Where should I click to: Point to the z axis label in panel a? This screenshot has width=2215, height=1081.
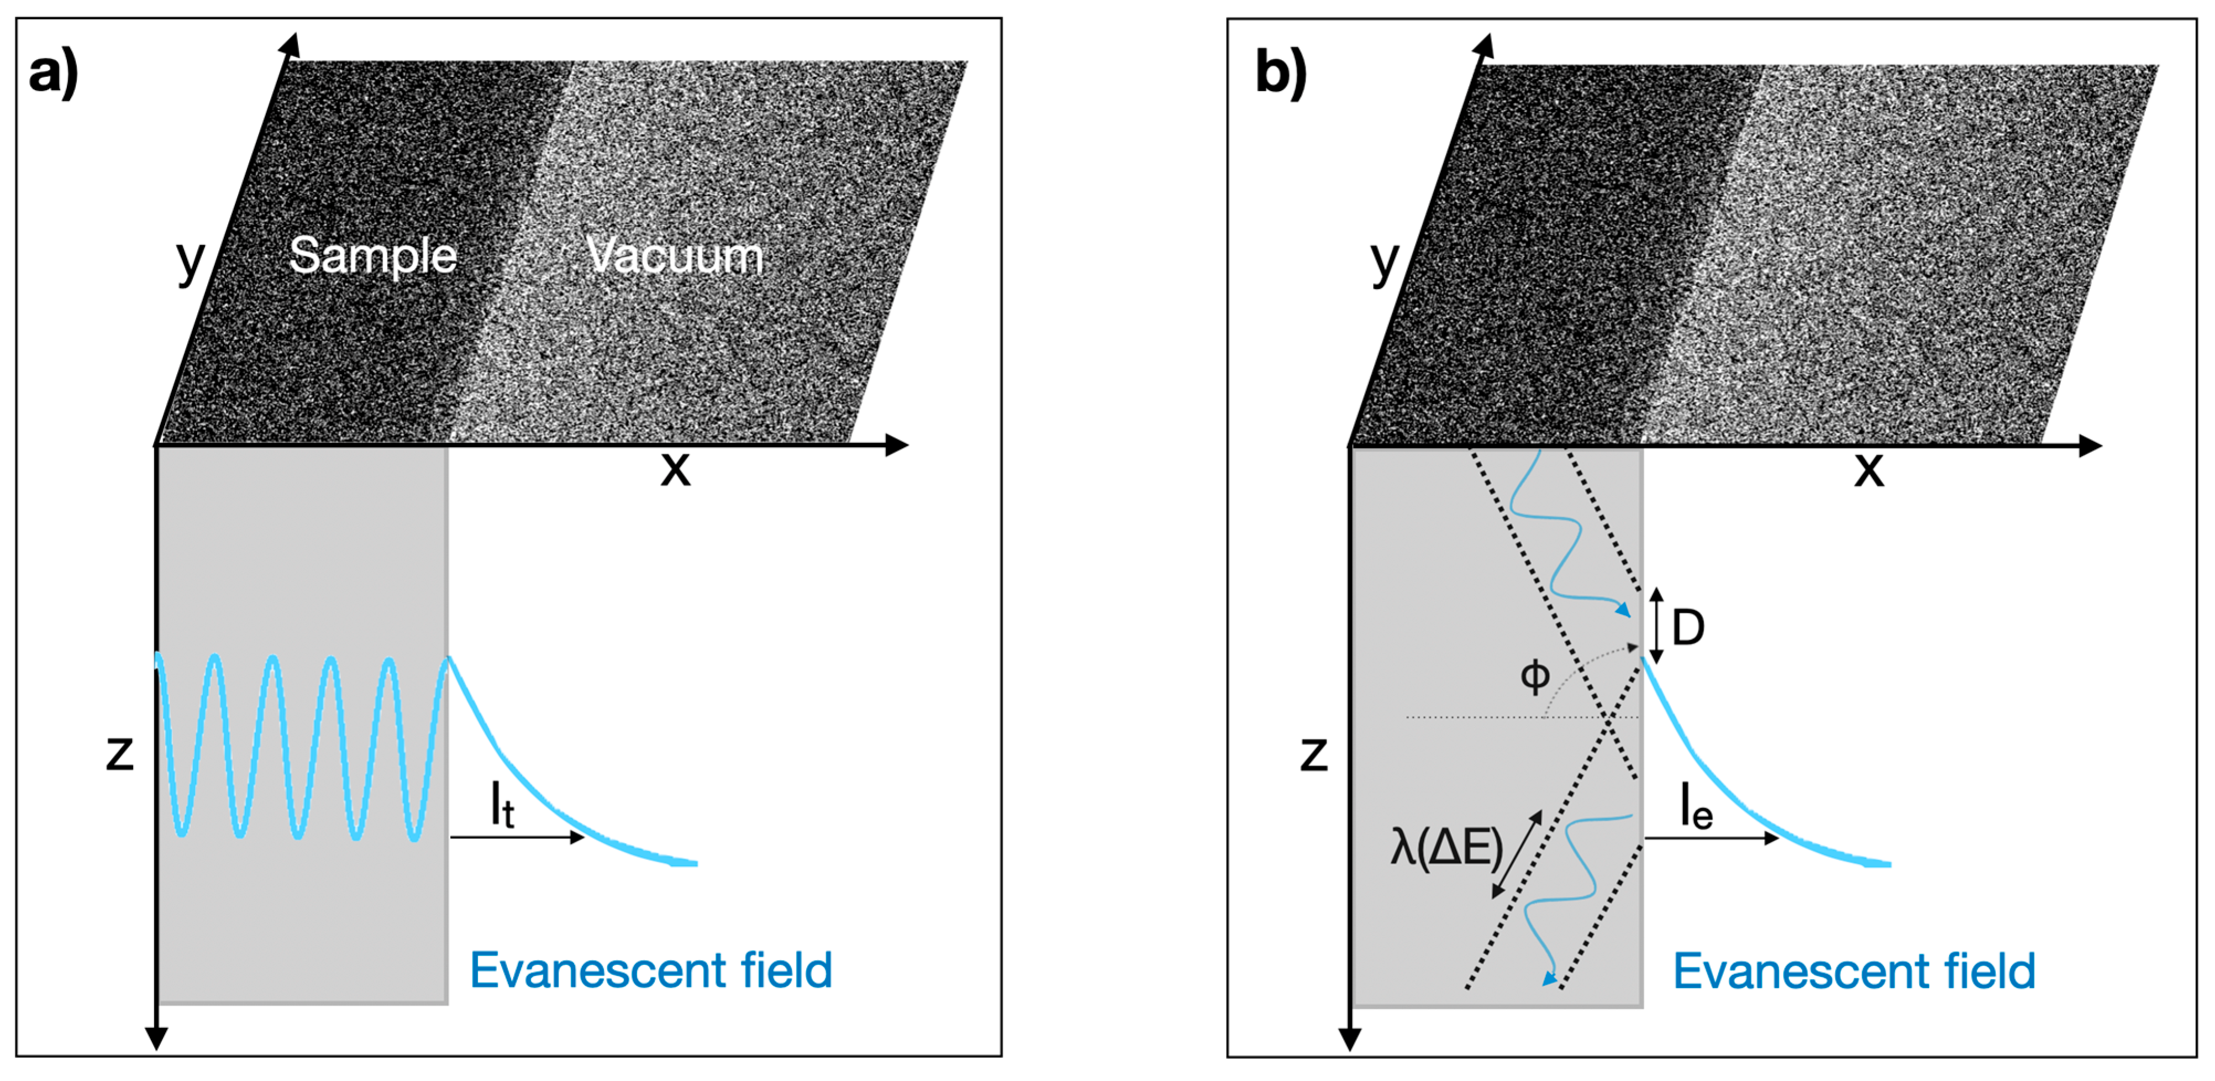(x=119, y=753)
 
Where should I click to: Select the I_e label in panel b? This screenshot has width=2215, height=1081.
(x=1696, y=809)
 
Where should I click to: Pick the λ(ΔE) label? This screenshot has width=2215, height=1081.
(x=1446, y=847)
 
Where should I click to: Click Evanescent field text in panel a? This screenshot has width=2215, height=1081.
(x=651, y=971)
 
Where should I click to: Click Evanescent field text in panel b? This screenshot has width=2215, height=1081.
(x=1854, y=972)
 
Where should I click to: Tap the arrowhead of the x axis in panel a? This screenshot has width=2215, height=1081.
(x=898, y=445)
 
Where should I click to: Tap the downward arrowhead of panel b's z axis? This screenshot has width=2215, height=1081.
(x=1350, y=1039)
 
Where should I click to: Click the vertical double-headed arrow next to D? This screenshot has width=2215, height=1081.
(x=1657, y=626)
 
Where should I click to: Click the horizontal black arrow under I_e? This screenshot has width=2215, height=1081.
(x=1711, y=838)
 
